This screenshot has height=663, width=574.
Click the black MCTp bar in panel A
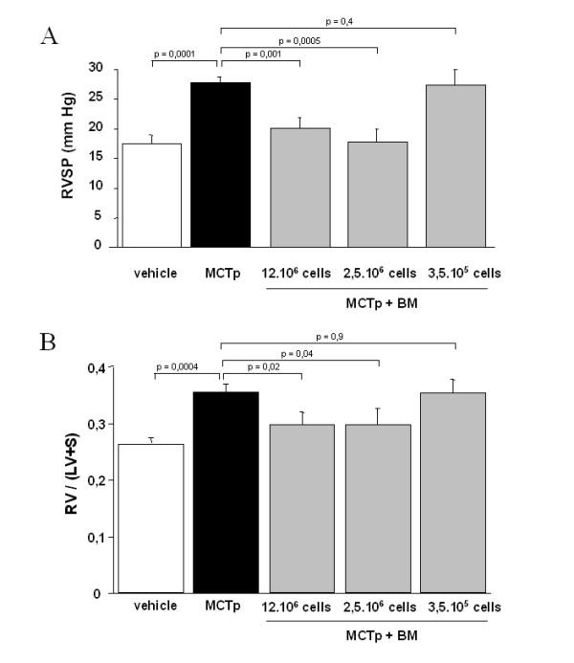pos(222,165)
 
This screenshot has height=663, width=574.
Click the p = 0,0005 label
pos(298,41)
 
